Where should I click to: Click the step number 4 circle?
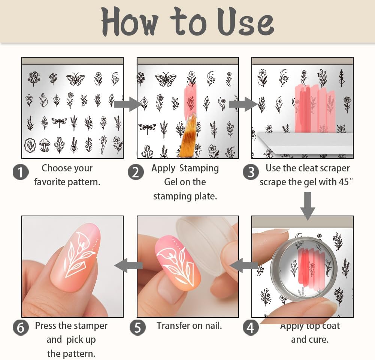(251, 327)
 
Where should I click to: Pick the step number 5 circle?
(137, 327)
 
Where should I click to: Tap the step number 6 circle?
(21, 327)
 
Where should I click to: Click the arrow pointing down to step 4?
(308, 205)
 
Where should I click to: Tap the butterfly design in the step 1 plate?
(76, 79)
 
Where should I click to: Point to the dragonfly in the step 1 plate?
(59, 121)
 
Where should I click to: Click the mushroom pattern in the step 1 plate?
(45, 145)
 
